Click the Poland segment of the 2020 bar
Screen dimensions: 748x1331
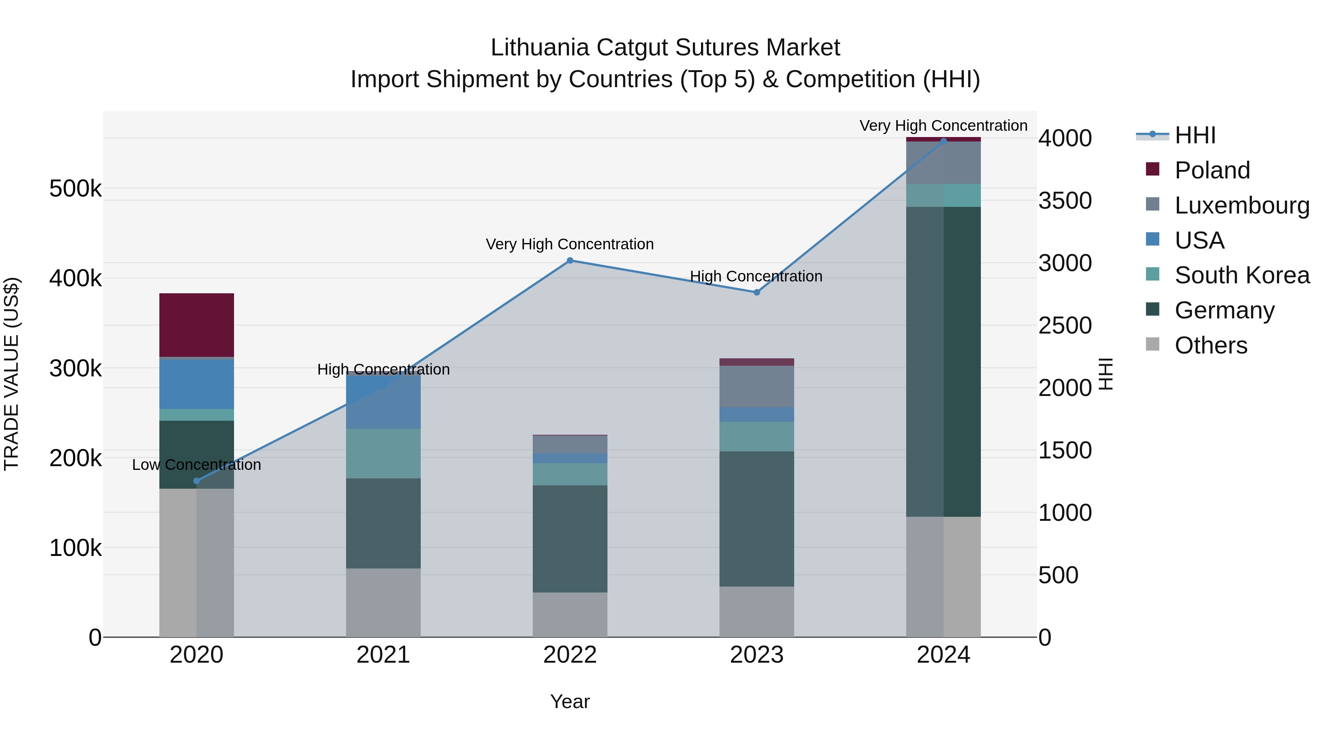196,325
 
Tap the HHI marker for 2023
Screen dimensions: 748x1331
756,292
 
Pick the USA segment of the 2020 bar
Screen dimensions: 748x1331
196,385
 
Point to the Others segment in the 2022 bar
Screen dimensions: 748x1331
570,614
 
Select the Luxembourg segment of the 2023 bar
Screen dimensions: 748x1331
756,386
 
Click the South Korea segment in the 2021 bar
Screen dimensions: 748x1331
383,453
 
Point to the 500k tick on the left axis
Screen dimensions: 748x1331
75,189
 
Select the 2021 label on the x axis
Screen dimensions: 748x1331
383,655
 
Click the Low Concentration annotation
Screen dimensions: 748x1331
196,465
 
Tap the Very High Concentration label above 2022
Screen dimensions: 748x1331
569,244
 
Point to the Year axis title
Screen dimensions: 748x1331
569,701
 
